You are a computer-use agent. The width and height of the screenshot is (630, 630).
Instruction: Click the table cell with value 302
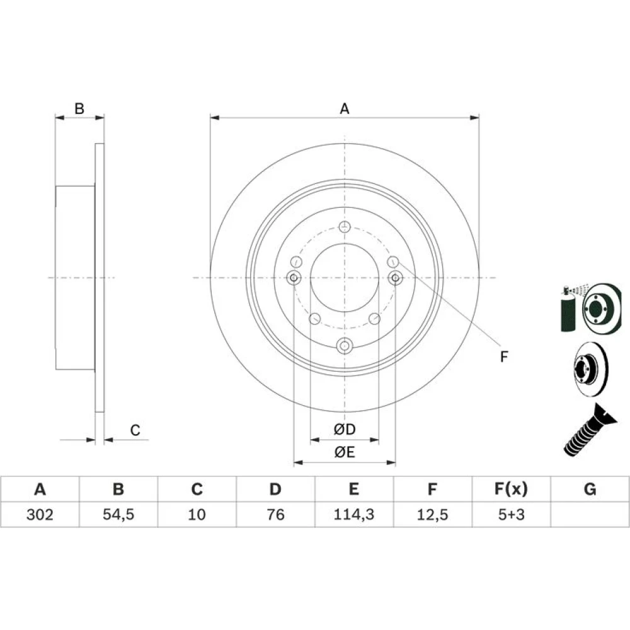(40, 514)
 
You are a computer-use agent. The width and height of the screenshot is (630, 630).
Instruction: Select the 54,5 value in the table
(118, 514)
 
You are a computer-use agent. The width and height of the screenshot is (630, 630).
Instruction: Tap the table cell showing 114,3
(354, 514)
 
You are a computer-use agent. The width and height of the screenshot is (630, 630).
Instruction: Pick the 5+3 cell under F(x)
(511, 514)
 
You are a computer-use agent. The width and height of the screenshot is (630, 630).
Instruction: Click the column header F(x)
(511, 489)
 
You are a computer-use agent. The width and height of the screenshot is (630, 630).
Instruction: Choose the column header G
(590, 489)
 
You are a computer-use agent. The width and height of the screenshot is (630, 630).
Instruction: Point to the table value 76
(276, 514)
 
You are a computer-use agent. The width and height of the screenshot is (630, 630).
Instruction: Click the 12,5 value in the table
(432, 514)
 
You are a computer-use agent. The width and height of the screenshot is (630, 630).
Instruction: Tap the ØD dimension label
(345, 429)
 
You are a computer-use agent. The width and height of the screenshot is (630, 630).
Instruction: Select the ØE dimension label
(345, 452)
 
